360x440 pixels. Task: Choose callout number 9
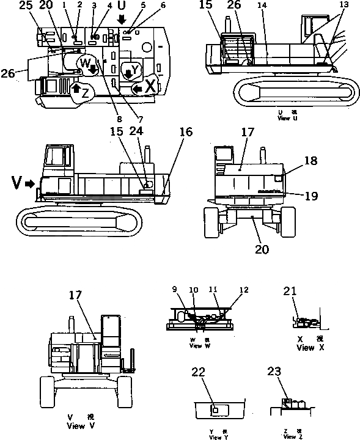(175, 290)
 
